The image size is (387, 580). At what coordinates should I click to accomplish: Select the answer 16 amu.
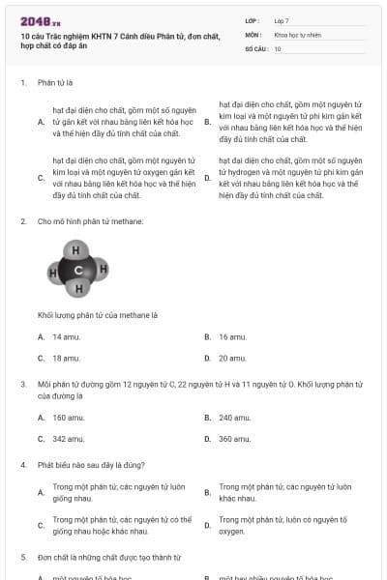[232, 336]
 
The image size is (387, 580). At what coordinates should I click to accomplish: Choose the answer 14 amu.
[66, 336]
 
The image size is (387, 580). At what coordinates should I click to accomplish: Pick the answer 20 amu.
[232, 358]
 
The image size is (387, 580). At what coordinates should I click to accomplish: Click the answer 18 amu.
[66, 358]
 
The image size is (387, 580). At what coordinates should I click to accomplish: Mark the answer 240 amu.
[235, 417]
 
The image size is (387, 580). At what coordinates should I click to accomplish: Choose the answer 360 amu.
[235, 438]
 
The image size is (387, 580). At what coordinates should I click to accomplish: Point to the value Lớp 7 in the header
[282, 20]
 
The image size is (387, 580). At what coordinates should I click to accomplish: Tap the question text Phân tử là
[56, 83]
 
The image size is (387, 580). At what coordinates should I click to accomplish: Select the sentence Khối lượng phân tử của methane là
[97, 315]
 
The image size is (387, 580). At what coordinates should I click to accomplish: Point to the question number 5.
[22, 557]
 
